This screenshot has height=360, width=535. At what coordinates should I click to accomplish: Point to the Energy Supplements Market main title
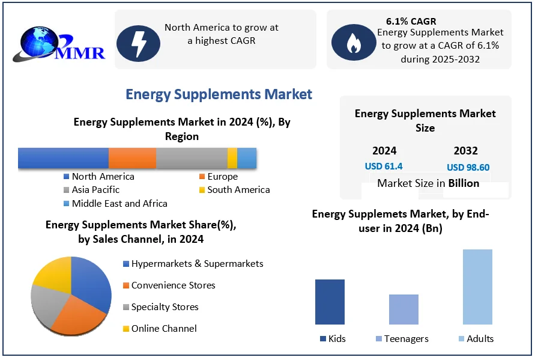pyautogui.click(x=219, y=94)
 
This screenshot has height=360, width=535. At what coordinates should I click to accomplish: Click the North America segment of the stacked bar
pyautogui.click(x=63, y=157)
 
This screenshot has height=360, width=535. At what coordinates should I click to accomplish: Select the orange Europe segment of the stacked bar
pyautogui.click(x=132, y=157)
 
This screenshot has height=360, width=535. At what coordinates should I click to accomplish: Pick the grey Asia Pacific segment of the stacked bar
pyautogui.click(x=192, y=157)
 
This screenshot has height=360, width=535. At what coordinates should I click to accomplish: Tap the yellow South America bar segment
pyautogui.click(x=232, y=157)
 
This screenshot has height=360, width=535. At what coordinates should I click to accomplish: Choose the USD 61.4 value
pyautogui.click(x=384, y=166)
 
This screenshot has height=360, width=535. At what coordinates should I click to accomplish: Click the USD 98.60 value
pyautogui.click(x=468, y=168)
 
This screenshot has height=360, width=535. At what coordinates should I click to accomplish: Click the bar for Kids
pyautogui.click(x=330, y=302)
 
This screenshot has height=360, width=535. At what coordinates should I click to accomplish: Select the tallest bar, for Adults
pyautogui.click(x=477, y=287)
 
